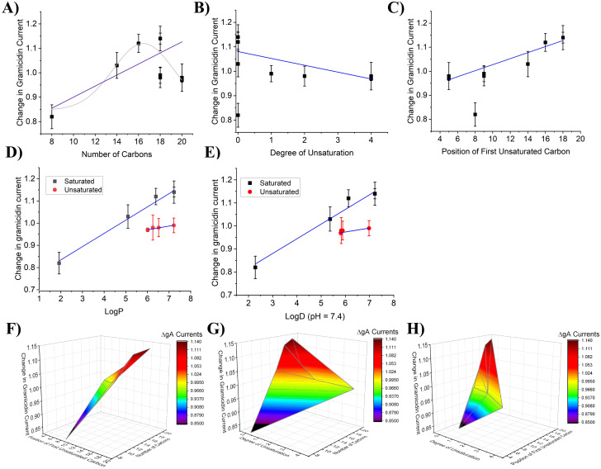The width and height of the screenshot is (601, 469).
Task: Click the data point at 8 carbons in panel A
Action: click(51, 116)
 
